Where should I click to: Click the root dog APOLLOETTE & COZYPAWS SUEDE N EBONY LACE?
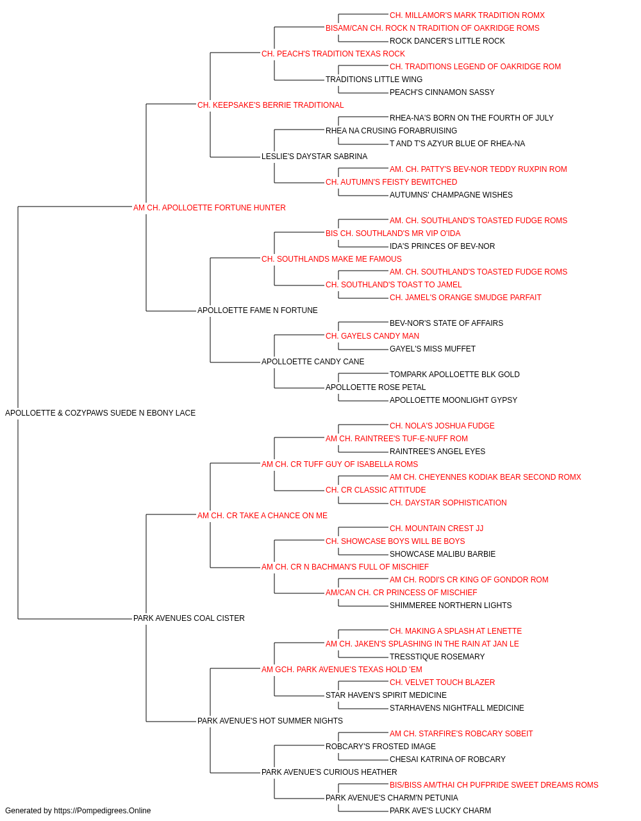pyautogui.click(x=100, y=413)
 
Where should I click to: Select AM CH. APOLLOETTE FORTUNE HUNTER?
pyautogui.click(x=209, y=208)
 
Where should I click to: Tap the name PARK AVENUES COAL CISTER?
pyautogui.click(x=188, y=618)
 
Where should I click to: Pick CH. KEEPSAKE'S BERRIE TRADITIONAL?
pyautogui.click(x=271, y=105)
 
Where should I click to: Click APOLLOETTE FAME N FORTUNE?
pyautogui.click(x=257, y=310)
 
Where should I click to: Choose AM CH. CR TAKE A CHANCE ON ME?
pyautogui.click(x=262, y=516)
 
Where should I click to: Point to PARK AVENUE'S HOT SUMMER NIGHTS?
pyautogui.click(x=270, y=721)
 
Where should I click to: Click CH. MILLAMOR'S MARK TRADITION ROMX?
pyautogui.click(x=467, y=15)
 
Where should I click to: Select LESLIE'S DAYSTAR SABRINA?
pyautogui.click(x=314, y=157)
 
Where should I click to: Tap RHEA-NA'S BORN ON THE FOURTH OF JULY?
pyautogui.click(x=471, y=118)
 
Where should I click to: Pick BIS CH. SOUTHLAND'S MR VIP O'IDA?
pyautogui.click(x=392, y=233)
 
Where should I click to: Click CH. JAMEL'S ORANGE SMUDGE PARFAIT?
pyautogui.click(x=465, y=298)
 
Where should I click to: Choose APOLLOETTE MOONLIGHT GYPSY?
pyautogui.click(x=453, y=400)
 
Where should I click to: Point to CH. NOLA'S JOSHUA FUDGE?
pyautogui.click(x=442, y=426)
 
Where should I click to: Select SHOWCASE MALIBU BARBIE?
pyautogui.click(x=442, y=554)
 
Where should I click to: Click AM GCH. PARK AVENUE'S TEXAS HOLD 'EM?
pyautogui.click(x=342, y=670)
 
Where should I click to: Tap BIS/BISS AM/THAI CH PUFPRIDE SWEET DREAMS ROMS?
pyautogui.click(x=494, y=785)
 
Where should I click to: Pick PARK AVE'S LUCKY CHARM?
pyautogui.click(x=440, y=811)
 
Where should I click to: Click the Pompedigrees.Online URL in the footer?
pyautogui.click(x=102, y=811)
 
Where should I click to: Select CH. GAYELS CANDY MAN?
pyautogui.click(x=372, y=336)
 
